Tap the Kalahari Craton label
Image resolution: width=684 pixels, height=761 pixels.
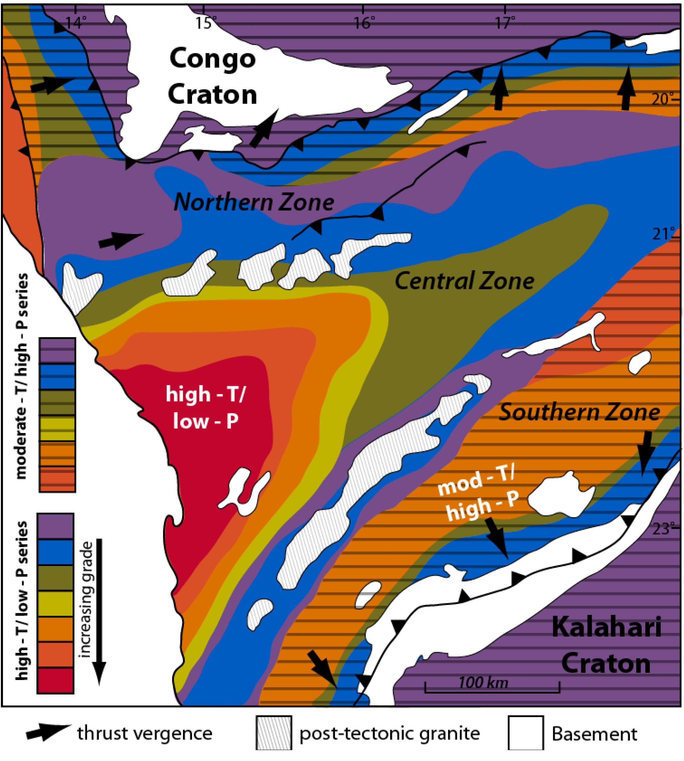[x=606, y=646]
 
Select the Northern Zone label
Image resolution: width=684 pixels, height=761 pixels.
[x=254, y=202]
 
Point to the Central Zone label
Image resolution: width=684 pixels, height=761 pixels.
[x=464, y=281]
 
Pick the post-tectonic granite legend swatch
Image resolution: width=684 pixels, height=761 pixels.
[x=274, y=733]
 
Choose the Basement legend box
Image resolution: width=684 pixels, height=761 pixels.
[x=526, y=733]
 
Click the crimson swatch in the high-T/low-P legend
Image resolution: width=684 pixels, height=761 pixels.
[x=55, y=680]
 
